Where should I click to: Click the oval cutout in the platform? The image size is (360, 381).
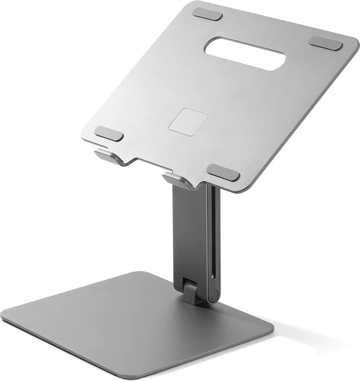[x=245, y=54]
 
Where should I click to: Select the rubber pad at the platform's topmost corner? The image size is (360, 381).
[x=207, y=14]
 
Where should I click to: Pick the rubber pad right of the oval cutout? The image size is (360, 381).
[x=325, y=43]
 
